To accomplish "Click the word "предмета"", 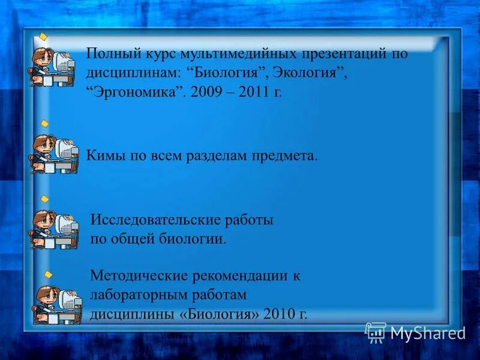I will pos(288,156).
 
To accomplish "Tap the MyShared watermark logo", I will pos(416,332).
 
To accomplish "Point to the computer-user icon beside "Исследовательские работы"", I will pos(54,229).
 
